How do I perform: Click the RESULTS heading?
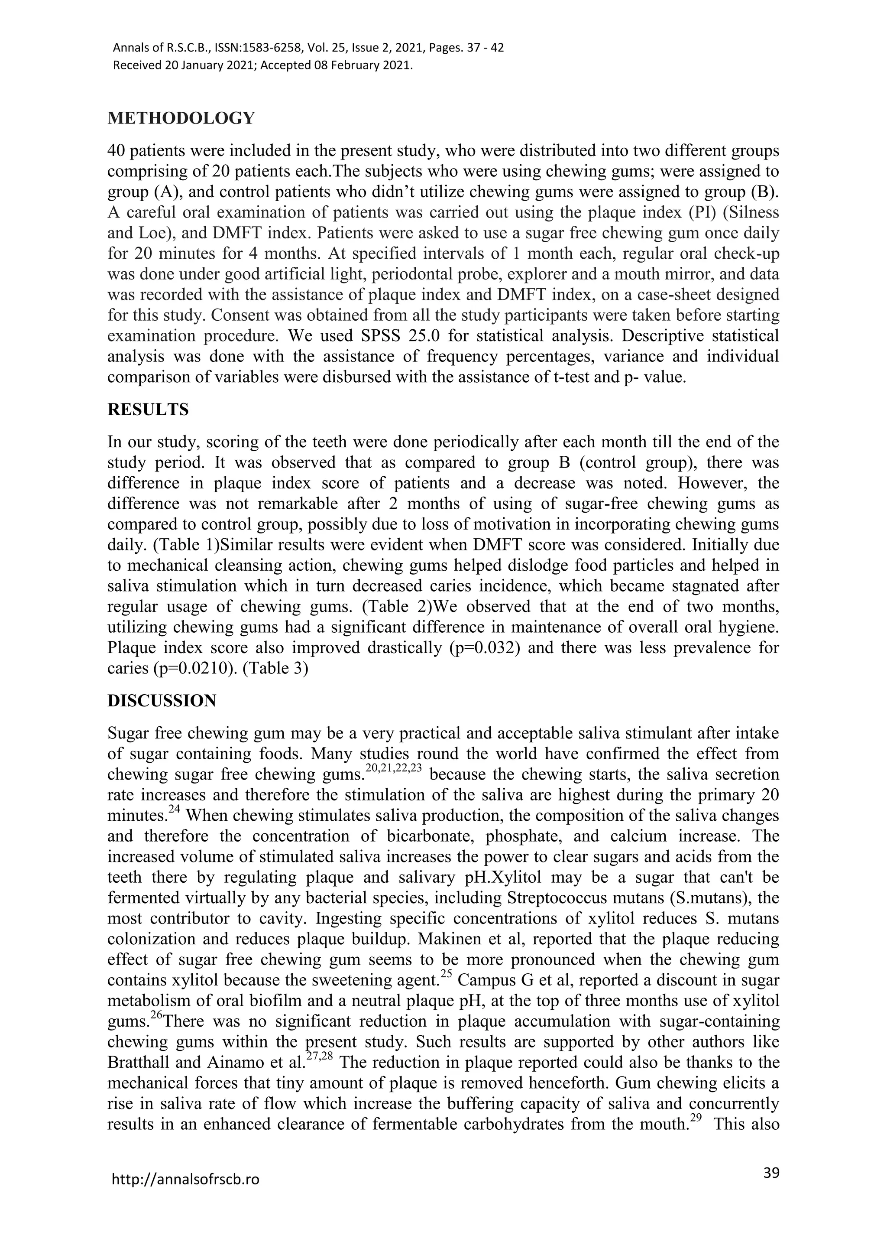tap(148, 410)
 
